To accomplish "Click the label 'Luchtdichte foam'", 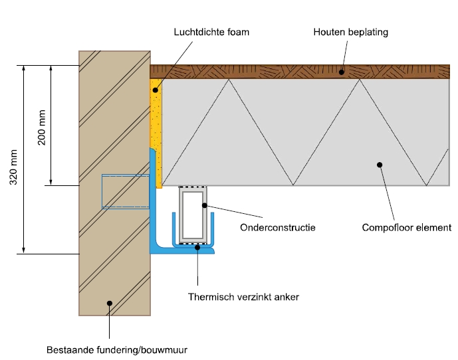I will click(211, 31).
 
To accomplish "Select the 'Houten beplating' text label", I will click(350, 31).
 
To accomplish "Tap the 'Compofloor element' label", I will click(406, 227).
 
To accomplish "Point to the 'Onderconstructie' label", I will click(277, 227).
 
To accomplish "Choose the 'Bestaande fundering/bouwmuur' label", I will click(122, 348).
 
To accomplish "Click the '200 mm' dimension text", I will click(41, 126).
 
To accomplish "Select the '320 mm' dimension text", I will click(13, 167).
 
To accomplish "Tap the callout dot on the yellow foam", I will click(155, 90).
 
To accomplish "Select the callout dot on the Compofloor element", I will click(379, 165).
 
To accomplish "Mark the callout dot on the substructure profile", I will click(205, 205).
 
